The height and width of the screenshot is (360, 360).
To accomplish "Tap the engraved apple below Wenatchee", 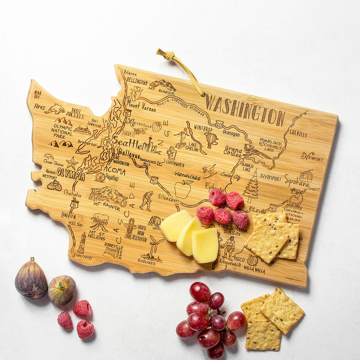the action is (x=183, y=189).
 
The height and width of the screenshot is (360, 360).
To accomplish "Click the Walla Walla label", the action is (x=254, y=269).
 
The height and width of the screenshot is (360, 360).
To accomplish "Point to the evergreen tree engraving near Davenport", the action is (x=252, y=187).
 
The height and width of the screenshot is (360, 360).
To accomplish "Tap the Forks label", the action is (x=39, y=107).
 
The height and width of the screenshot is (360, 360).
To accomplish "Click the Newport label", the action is (x=312, y=156).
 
